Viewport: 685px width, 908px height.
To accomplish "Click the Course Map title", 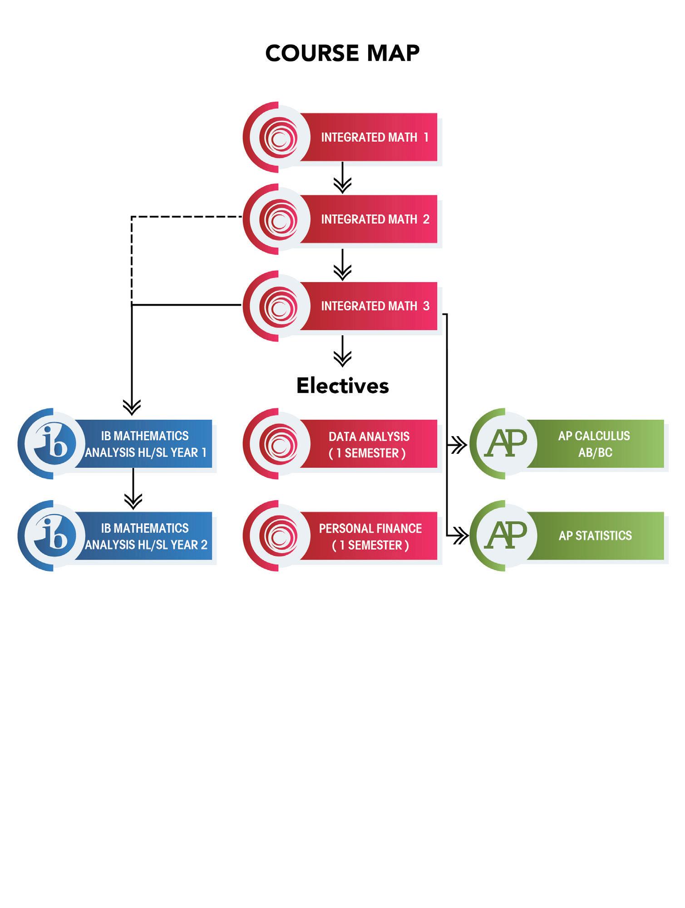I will (342, 53).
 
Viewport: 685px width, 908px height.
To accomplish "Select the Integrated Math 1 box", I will (368, 137).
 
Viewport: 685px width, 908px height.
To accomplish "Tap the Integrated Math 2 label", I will (375, 219).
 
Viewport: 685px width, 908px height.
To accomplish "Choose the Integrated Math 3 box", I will (368, 306).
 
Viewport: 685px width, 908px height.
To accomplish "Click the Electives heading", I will (343, 386).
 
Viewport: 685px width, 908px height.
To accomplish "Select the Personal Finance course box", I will (370, 536).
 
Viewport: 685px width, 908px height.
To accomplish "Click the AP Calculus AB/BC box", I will (595, 444).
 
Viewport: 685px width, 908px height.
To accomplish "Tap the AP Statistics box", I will (595, 536).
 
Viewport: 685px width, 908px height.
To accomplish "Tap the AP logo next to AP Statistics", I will (505, 536).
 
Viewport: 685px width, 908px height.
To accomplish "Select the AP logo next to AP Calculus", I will (505, 443).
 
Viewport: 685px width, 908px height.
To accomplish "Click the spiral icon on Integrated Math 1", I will (278, 137).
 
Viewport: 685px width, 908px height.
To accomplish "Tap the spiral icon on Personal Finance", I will (278, 536).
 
